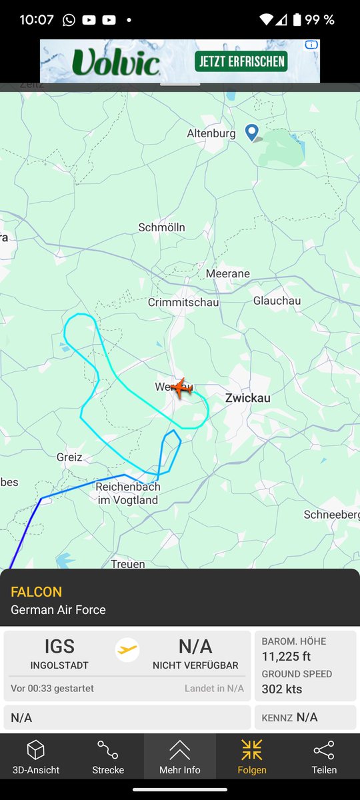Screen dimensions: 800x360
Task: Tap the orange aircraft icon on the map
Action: [x=179, y=387]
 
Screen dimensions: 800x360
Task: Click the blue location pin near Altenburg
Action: [x=252, y=131]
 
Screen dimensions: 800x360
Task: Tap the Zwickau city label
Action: [x=248, y=398]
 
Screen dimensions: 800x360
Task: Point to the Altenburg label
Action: [x=211, y=133]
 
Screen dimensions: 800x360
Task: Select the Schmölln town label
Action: [x=161, y=227]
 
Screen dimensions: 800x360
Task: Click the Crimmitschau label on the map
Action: [x=183, y=302]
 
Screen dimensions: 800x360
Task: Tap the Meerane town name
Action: [x=228, y=274]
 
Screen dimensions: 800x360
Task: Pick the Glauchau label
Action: [x=277, y=301]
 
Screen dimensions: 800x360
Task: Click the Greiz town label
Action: [x=69, y=457]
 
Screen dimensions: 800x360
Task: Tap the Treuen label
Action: [x=128, y=564]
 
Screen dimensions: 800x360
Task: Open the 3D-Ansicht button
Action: [x=36, y=757]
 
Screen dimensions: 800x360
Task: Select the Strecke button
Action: [x=108, y=757]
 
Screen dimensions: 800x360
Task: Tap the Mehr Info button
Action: [x=180, y=757]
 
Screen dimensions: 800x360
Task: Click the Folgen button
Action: [x=252, y=757]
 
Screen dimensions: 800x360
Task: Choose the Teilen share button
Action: [x=324, y=757]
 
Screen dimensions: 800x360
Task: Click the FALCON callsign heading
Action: [x=37, y=592]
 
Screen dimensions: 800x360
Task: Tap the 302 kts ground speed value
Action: [x=282, y=689]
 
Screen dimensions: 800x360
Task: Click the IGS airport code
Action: [x=59, y=647]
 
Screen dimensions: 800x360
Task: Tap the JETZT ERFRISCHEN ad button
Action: [x=241, y=61]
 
